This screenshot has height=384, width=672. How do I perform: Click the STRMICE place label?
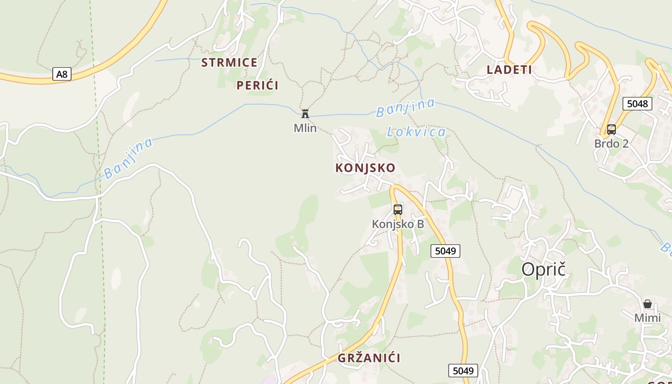[x=229, y=62]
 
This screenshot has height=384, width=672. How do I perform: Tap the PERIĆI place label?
[x=257, y=85]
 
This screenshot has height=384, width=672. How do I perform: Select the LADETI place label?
[x=509, y=70]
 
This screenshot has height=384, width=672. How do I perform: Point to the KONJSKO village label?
[x=365, y=168]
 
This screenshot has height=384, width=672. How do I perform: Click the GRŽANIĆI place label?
[x=369, y=358]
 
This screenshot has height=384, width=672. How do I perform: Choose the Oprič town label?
[x=543, y=269]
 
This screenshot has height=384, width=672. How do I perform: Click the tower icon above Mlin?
[x=305, y=114]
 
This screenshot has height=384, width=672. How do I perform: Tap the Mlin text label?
[x=305, y=128]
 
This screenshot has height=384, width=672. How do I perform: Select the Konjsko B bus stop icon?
[x=398, y=209]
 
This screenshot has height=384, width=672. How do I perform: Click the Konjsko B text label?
[x=398, y=224]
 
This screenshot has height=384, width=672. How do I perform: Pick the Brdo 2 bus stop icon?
[x=611, y=129]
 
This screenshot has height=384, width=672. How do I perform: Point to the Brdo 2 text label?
[x=611, y=144]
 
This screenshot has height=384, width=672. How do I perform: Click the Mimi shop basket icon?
[x=648, y=303]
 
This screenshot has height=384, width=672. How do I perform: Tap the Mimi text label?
[x=648, y=318]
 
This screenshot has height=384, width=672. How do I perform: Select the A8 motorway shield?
[x=62, y=74]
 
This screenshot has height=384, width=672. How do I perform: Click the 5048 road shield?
[x=637, y=103]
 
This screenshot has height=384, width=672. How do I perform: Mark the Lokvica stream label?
[x=416, y=132]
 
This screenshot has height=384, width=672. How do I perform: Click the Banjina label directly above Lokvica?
[x=406, y=108]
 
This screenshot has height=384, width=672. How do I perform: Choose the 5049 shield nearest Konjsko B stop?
[x=445, y=251]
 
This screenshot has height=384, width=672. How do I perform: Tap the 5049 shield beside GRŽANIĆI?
[x=463, y=371]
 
